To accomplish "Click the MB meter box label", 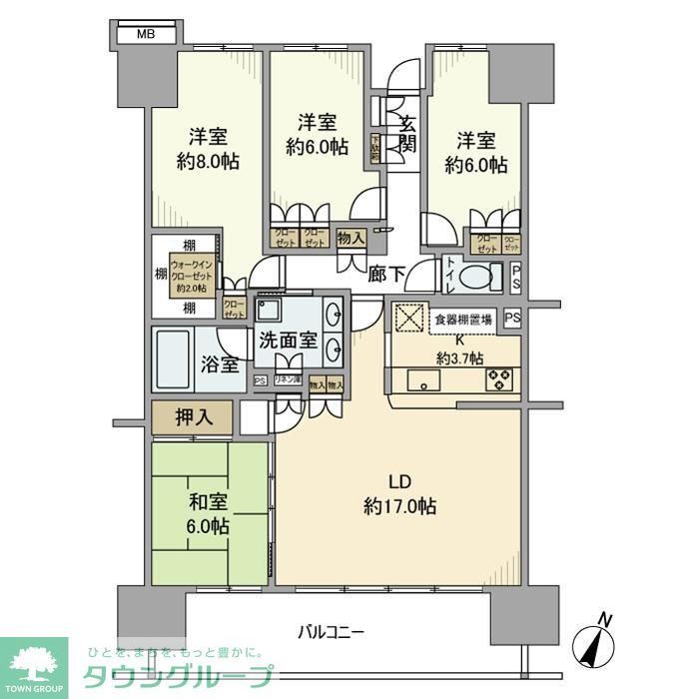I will (x=145, y=34).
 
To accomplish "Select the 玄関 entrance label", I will (x=408, y=133).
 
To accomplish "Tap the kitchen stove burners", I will (x=498, y=379).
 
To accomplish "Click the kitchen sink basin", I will (x=419, y=379).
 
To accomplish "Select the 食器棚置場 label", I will (x=462, y=320).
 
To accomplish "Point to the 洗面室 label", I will (x=284, y=340).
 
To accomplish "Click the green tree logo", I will (x=33, y=661).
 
